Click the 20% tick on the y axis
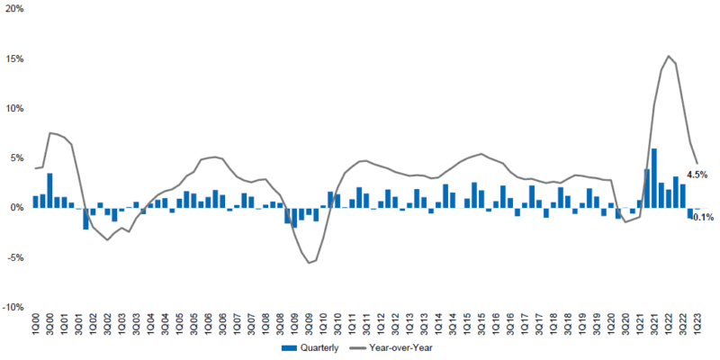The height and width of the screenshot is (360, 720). pos(14,9)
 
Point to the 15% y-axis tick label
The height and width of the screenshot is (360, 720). pos(14,58)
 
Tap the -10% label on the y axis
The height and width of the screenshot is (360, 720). pos(13,307)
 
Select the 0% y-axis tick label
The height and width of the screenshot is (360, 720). pos(17,208)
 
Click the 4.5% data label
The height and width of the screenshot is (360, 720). pos(697,174)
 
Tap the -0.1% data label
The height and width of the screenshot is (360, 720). pos(703,217)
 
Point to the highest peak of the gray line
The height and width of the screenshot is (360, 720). pos(668,56)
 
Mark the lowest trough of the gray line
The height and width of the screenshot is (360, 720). pos(309,263)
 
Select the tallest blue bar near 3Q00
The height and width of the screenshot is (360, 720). pos(50,190)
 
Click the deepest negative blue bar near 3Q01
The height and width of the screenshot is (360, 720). pos(86,218)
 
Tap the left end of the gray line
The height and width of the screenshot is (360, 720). pos(35,168)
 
